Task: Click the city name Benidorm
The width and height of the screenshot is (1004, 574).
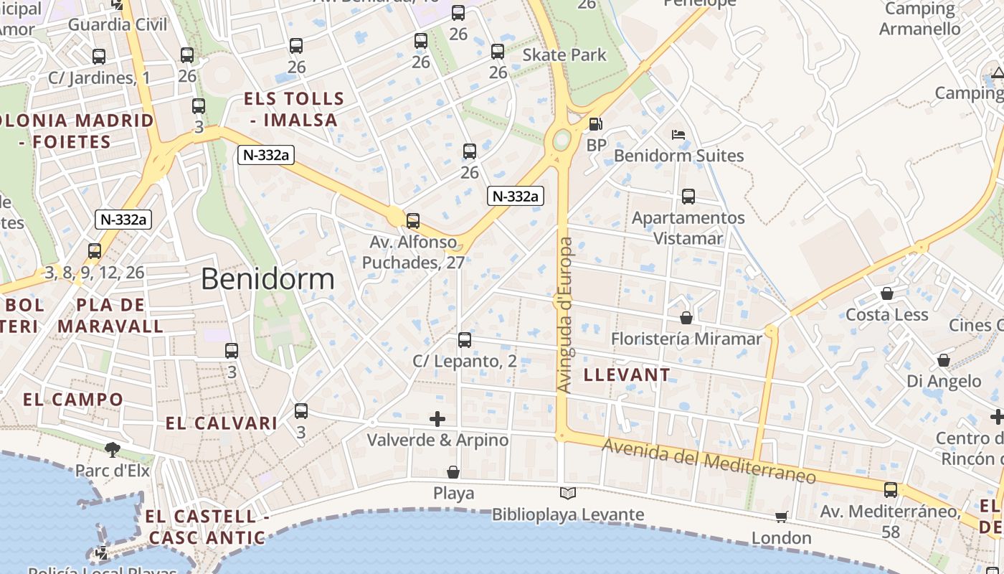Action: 267,278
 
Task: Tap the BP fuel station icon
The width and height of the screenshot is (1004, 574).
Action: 595,124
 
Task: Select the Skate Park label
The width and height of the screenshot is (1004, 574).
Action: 564,55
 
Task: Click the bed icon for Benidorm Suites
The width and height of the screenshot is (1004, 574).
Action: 678,134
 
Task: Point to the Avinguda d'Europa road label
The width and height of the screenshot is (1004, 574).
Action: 565,316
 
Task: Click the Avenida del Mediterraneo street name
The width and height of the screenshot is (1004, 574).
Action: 709,461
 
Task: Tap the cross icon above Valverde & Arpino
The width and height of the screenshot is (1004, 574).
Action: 437,418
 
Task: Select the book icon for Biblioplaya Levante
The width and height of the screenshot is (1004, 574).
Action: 568,493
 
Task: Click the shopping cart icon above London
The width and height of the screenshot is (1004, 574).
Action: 782,517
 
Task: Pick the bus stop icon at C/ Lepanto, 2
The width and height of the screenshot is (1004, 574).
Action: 465,339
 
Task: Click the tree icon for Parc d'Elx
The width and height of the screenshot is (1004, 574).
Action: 112,450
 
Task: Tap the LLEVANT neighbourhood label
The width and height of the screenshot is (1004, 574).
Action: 627,375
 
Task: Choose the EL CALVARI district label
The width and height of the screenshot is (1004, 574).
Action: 222,423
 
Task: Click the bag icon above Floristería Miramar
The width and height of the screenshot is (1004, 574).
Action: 686,317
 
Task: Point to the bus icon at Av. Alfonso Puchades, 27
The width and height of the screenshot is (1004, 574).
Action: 413,221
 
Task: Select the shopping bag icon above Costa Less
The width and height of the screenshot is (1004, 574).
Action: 887,293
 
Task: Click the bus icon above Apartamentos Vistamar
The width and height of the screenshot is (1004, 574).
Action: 688,196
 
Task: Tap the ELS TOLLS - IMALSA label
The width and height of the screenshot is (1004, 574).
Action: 294,109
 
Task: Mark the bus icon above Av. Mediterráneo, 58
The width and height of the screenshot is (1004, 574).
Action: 891,490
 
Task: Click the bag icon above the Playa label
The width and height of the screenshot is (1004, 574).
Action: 453,472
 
